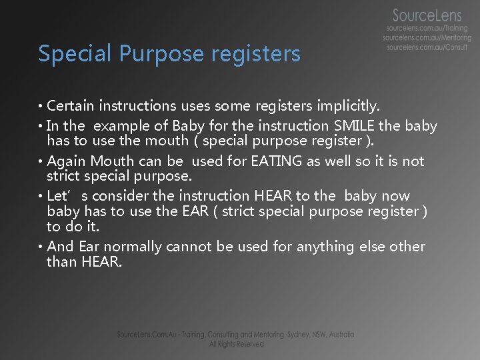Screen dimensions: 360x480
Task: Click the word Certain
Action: click(70, 105)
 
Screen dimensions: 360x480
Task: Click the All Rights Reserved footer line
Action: click(236, 344)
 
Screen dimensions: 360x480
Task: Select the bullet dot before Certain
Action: click(41, 106)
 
